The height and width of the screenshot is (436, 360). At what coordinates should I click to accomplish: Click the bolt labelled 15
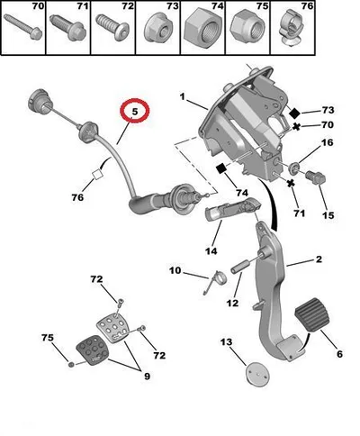pos(315,178)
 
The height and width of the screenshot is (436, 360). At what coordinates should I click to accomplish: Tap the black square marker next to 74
pos(222,168)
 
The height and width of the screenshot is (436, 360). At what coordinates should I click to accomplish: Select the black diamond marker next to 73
pos(294,114)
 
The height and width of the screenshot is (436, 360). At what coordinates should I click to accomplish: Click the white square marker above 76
pos(97,175)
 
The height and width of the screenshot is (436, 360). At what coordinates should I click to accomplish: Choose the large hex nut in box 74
pos(202,29)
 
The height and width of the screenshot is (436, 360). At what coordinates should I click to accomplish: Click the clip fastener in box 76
pos(292,28)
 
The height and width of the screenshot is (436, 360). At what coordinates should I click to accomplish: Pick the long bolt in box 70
pos(22,26)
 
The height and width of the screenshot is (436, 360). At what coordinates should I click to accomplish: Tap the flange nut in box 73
pos(157,29)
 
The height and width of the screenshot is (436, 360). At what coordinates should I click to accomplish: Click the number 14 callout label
pos(211,250)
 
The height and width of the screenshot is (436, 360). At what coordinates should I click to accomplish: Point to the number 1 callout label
pos(182,96)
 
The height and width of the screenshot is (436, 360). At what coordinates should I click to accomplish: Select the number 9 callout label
pos(147,376)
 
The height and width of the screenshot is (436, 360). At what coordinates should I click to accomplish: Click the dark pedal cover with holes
pos(92,350)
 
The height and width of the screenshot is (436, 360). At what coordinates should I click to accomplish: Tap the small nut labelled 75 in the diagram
pos(71,365)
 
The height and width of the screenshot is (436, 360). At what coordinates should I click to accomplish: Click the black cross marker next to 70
pos(296,126)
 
